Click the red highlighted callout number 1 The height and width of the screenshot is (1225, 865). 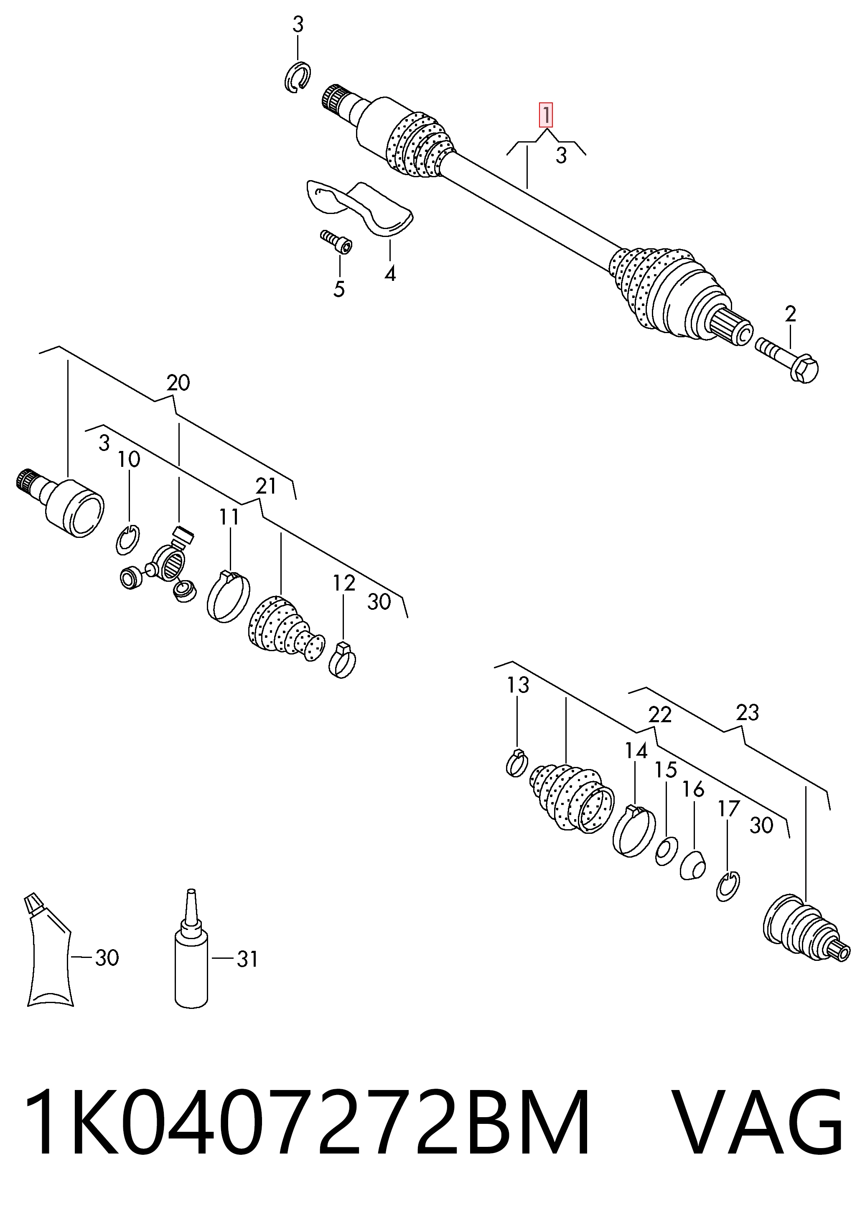pyautogui.click(x=546, y=115)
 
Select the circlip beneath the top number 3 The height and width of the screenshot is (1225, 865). pyautogui.click(x=297, y=77)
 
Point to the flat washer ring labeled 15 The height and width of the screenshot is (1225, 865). pyautogui.click(x=667, y=851)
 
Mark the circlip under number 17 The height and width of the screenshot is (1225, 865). pyautogui.click(x=728, y=887)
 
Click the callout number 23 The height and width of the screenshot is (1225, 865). pyautogui.click(x=747, y=712)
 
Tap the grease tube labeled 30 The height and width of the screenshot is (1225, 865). pyautogui.click(x=48, y=951)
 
